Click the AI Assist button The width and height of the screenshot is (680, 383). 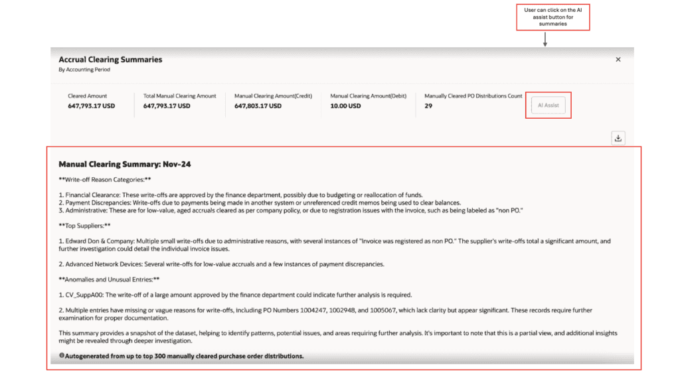548,106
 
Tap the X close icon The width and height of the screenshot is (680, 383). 618,60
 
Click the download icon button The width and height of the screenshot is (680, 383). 618,138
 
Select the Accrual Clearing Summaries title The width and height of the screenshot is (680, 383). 110,60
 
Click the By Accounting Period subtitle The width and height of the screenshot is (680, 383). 84,70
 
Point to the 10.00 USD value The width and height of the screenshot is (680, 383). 345,106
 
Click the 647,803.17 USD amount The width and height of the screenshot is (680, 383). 258,106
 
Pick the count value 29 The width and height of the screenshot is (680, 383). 428,106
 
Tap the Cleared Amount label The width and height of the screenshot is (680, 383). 87,96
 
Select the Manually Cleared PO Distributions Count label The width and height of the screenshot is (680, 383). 473,96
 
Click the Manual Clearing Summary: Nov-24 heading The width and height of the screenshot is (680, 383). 125,164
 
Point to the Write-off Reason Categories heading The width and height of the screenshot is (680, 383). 105,179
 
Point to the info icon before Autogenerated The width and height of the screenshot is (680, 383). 62,356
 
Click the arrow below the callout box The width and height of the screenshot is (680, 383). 545,40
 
